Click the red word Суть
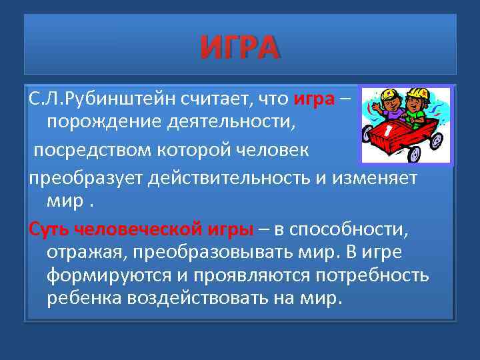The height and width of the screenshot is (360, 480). pos(49,231)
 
